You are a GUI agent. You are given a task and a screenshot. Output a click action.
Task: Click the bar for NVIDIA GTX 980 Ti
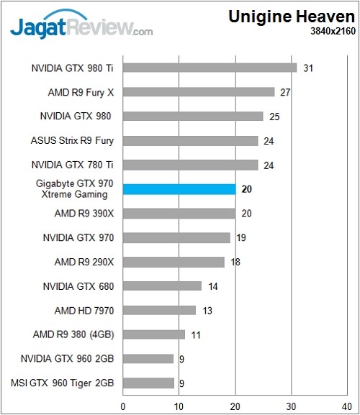click(210, 68)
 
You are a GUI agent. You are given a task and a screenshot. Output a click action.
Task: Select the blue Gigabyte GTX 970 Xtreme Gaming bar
click(179, 189)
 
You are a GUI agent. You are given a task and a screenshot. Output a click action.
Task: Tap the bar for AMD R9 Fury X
click(199, 92)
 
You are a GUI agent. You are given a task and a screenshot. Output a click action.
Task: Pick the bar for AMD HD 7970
click(159, 310)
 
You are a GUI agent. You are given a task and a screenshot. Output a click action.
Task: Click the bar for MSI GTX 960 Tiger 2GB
click(148, 383)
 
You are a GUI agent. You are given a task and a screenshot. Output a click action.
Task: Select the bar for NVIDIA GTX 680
click(162, 286)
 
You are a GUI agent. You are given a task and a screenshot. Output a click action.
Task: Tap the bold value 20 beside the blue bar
click(247, 189)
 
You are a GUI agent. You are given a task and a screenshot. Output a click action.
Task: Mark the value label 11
click(196, 334)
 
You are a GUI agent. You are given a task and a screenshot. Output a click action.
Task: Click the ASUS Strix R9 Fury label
click(73, 140)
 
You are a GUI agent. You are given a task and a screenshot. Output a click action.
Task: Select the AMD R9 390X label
click(84, 214)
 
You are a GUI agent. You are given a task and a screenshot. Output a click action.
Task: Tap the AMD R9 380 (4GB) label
click(74, 334)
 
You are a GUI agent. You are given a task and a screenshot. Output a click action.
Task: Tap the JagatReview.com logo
click(81, 27)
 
